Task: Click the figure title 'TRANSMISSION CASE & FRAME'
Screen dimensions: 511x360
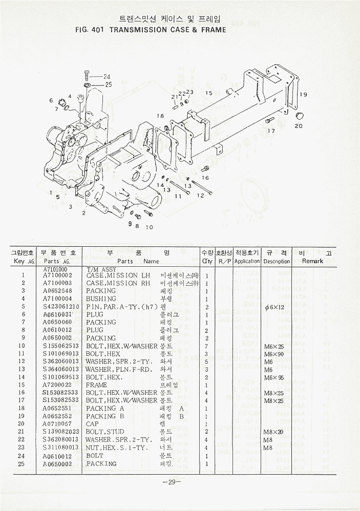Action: [167, 30]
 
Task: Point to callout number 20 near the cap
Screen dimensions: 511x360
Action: [299, 126]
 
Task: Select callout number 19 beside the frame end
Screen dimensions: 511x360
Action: [303, 94]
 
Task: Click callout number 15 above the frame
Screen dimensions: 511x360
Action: [208, 93]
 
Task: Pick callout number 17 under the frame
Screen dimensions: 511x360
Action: [271, 131]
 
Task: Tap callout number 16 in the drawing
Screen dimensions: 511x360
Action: [205, 178]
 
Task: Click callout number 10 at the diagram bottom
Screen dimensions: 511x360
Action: [150, 227]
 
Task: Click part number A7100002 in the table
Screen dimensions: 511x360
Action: [58, 275]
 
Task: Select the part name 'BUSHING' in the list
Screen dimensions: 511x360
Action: [101, 299]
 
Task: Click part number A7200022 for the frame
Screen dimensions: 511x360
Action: [58, 385]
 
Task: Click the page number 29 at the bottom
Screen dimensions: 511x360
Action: [169, 482]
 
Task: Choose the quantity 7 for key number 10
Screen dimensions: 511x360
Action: [206, 346]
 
